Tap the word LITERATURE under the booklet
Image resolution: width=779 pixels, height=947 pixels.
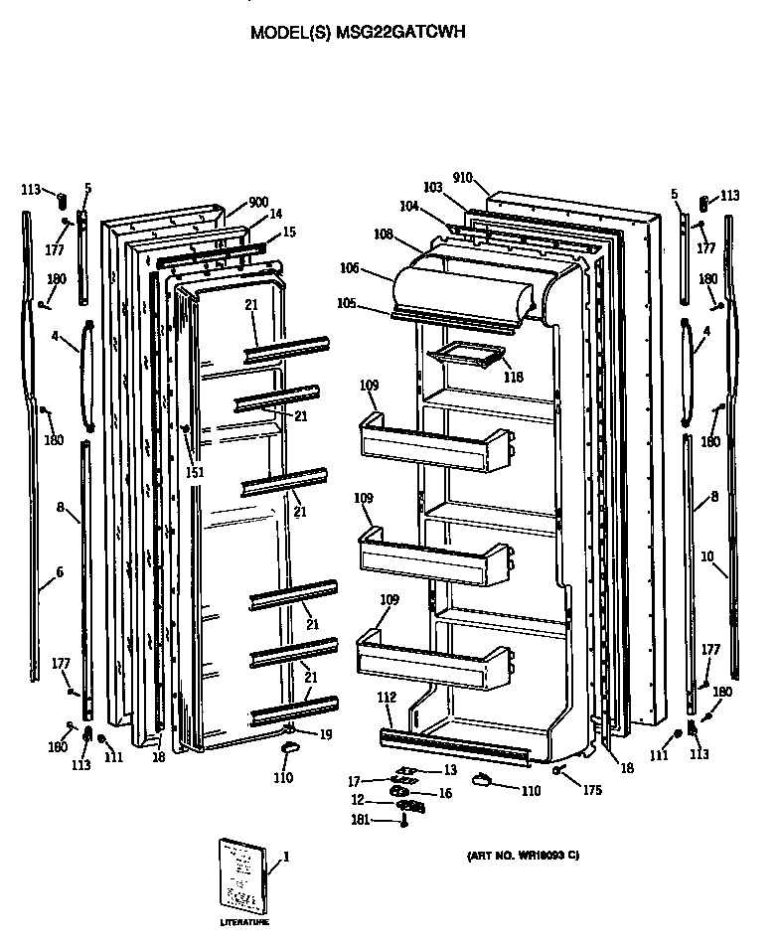(x=244, y=924)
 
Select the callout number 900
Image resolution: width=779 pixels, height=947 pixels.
(x=258, y=203)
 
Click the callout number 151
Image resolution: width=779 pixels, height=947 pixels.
(x=195, y=472)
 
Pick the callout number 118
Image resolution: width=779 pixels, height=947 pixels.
(x=513, y=377)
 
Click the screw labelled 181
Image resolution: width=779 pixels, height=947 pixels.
(x=404, y=821)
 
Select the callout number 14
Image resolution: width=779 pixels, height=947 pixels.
(x=276, y=214)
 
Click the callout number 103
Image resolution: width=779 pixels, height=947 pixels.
(x=432, y=187)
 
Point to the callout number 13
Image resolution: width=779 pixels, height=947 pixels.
(x=450, y=770)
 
